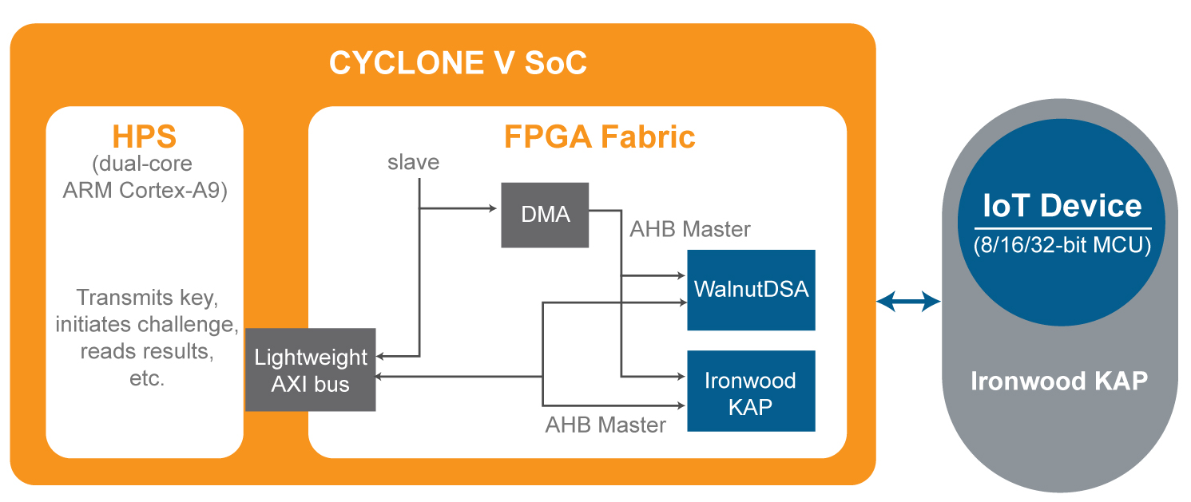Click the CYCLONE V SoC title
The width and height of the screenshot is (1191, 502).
pos(458,63)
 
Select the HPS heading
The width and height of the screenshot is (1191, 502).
pos(144,136)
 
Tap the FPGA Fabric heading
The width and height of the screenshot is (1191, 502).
pos(599,136)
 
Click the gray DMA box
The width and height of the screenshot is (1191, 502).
pos(545,215)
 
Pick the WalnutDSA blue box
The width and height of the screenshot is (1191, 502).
pos(751,290)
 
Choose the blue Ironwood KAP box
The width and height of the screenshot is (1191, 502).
pos(751,391)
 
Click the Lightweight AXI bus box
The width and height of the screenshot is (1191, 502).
pos(311,370)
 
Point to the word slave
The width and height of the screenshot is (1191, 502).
pos(413,162)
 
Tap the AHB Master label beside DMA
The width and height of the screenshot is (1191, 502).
pos(690,230)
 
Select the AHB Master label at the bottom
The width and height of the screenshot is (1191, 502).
pos(605,425)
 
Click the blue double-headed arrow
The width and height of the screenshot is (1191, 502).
pos(908,301)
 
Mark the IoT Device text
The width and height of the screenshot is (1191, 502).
pos(1062,206)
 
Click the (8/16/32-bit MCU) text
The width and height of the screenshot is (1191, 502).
pos(1062,245)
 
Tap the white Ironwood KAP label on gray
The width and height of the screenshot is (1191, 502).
pos(1059,381)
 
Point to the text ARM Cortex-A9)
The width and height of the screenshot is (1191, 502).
pos(145,190)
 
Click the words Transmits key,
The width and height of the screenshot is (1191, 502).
pos(147,298)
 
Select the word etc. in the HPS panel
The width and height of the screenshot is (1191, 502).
pos(147,378)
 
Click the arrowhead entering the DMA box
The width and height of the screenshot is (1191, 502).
pos(493,208)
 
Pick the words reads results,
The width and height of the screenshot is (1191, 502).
pos(147,352)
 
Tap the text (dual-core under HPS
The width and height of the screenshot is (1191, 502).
pos(142,164)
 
